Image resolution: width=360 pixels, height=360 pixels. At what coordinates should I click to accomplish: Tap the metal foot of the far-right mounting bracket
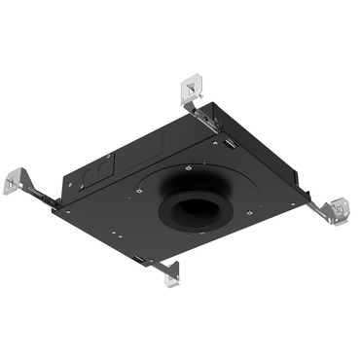pos(339,209)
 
